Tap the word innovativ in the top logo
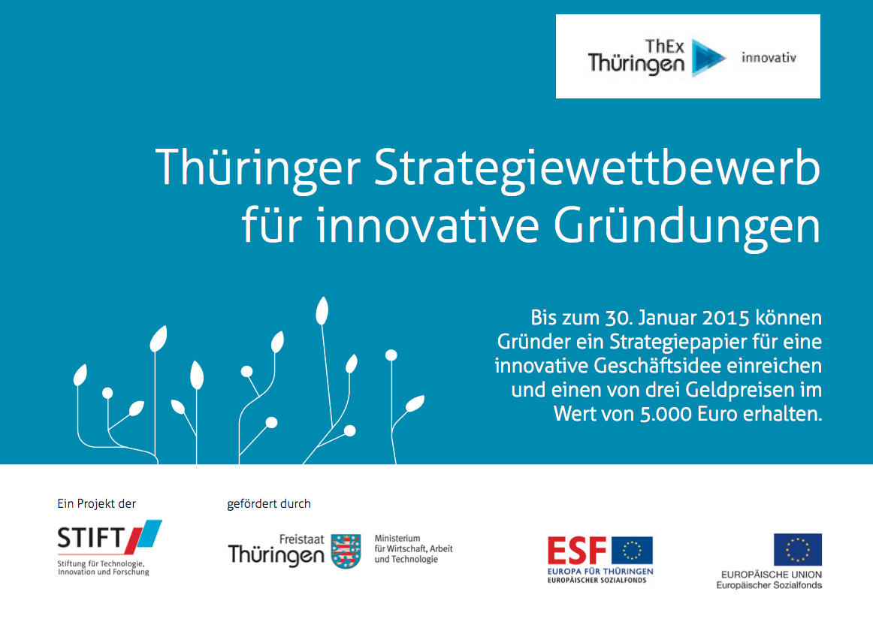coord(769,57)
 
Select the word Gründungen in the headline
coord(687,227)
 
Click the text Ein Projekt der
coord(96,504)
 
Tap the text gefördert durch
coord(269,504)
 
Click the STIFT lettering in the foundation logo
coord(90,538)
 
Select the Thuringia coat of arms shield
coord(346,551)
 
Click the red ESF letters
coord(577,551)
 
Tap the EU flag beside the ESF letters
coord(632,551)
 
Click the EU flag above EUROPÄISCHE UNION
coord(797,550)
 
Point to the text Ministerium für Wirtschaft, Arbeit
coord(413,543)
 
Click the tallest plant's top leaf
coord(322,311)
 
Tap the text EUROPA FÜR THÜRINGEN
coord(600,571)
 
